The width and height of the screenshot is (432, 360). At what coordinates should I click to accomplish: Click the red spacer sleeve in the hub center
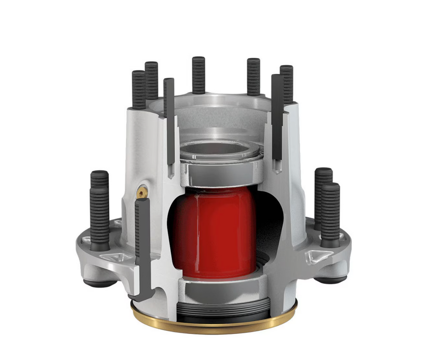pos(215,232)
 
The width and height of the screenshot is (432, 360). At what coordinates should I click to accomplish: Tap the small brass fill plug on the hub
pos(142,192)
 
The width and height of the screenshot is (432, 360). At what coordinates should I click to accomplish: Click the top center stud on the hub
pos(198,75)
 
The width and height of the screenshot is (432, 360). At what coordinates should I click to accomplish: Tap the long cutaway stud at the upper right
pos(277,118)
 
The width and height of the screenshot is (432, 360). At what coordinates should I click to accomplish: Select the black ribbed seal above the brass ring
pos(223,312)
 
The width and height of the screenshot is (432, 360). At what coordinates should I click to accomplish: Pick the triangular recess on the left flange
pos(115,257)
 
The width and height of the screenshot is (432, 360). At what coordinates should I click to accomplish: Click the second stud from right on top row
pos(254,77)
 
